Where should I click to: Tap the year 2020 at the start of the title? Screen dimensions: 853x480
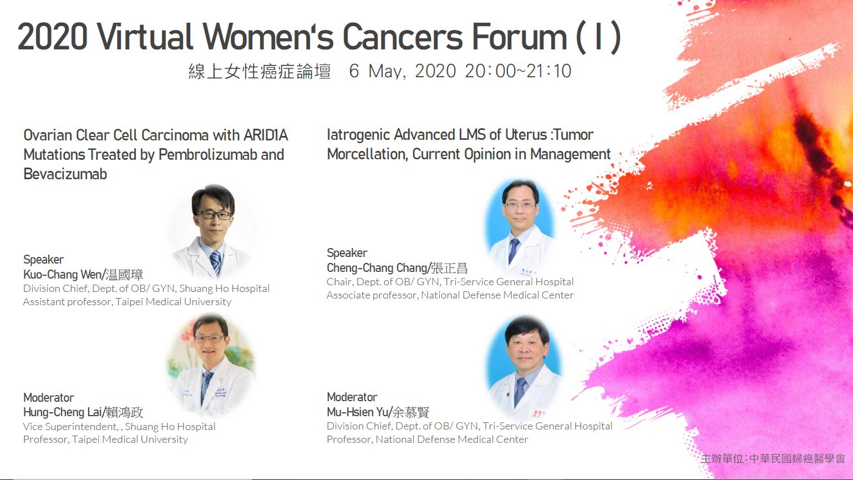click(x=52, y=37)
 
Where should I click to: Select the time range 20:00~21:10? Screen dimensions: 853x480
click(x=518, y=71)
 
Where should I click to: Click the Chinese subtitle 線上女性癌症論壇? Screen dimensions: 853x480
click(x=260, y=71)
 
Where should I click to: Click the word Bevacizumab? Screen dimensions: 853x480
click(x=65, y=174)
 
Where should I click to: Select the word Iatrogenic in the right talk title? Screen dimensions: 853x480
click(x=358, y=135)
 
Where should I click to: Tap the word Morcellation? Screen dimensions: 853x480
click(x=368, y=154)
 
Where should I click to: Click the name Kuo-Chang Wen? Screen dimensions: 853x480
click(x=63, y=274)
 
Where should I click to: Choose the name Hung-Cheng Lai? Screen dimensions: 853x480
click(x=63, y=412)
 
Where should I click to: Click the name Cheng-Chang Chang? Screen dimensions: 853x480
click(x=377, y=268)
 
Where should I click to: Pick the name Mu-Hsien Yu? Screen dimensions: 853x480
click(x=357, y=412)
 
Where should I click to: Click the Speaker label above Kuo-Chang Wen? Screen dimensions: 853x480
click(x=43, y=260)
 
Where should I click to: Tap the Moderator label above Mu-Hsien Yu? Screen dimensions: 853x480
click(x=352, y=397)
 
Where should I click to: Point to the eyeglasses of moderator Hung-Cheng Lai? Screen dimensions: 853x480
click(x=209, y=338)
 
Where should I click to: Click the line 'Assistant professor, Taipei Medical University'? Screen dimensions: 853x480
click(x=127, y=302)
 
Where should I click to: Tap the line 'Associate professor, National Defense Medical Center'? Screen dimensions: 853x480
click(x=450, y=295)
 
